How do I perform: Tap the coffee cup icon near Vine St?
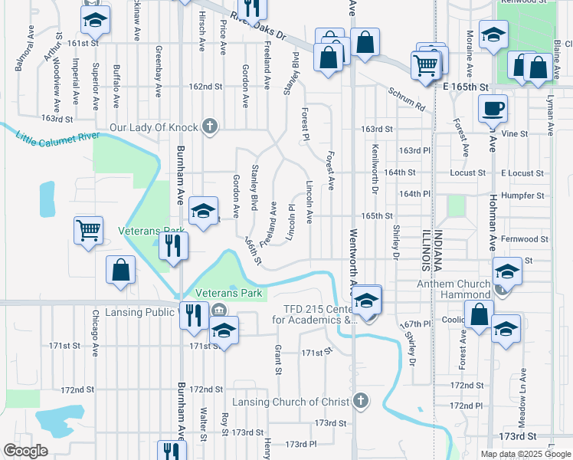(493, 107)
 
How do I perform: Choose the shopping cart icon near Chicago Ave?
(89, 228)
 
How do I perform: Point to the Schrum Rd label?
(405, 98)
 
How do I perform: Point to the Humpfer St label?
(525, 195)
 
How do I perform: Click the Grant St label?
(278, 356)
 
